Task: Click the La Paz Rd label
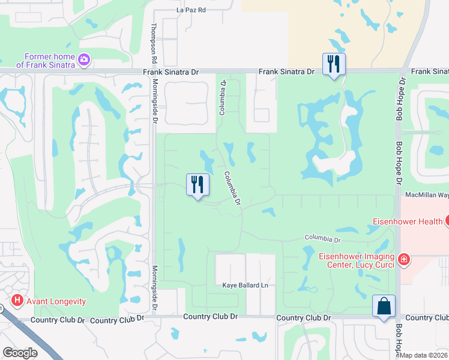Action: click(x=191, y=10)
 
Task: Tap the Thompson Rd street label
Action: click(x=154, y=44)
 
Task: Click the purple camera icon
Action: click(x=84, y=59)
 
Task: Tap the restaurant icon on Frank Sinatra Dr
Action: click(x=333, y=63)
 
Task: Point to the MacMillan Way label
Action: click(x=427, y=195)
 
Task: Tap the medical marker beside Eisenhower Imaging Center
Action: click(x=405, y=259)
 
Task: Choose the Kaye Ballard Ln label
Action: click(x=245, y=285)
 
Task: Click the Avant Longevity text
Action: click(x=55, y=301)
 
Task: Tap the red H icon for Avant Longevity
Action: click(x=17, y=300)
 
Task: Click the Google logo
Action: click(x=20, y=353)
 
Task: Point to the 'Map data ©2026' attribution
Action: click(x=423, y=355)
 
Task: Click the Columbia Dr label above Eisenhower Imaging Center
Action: click(x=322, y=239)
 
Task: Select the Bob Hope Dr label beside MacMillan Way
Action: click(x=398, y=165)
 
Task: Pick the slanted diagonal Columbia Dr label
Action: click(x=232, y=189)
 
